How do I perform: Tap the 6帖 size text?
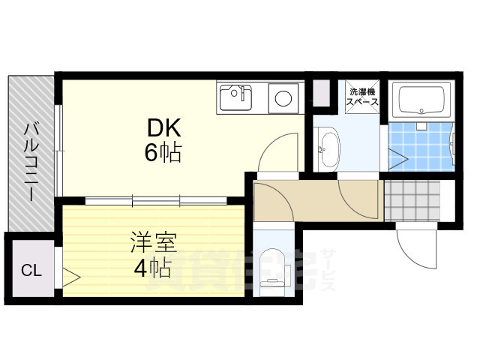(x=161, y=154)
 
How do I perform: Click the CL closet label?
(x=31, y=270)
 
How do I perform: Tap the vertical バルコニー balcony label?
(x=31, y=160)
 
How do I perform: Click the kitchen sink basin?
(x=235, y=96)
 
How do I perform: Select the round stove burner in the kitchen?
(x=283, y=97)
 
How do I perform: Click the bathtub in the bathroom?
(x=421, y=99)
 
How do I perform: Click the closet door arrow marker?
(x=72, y=277)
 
